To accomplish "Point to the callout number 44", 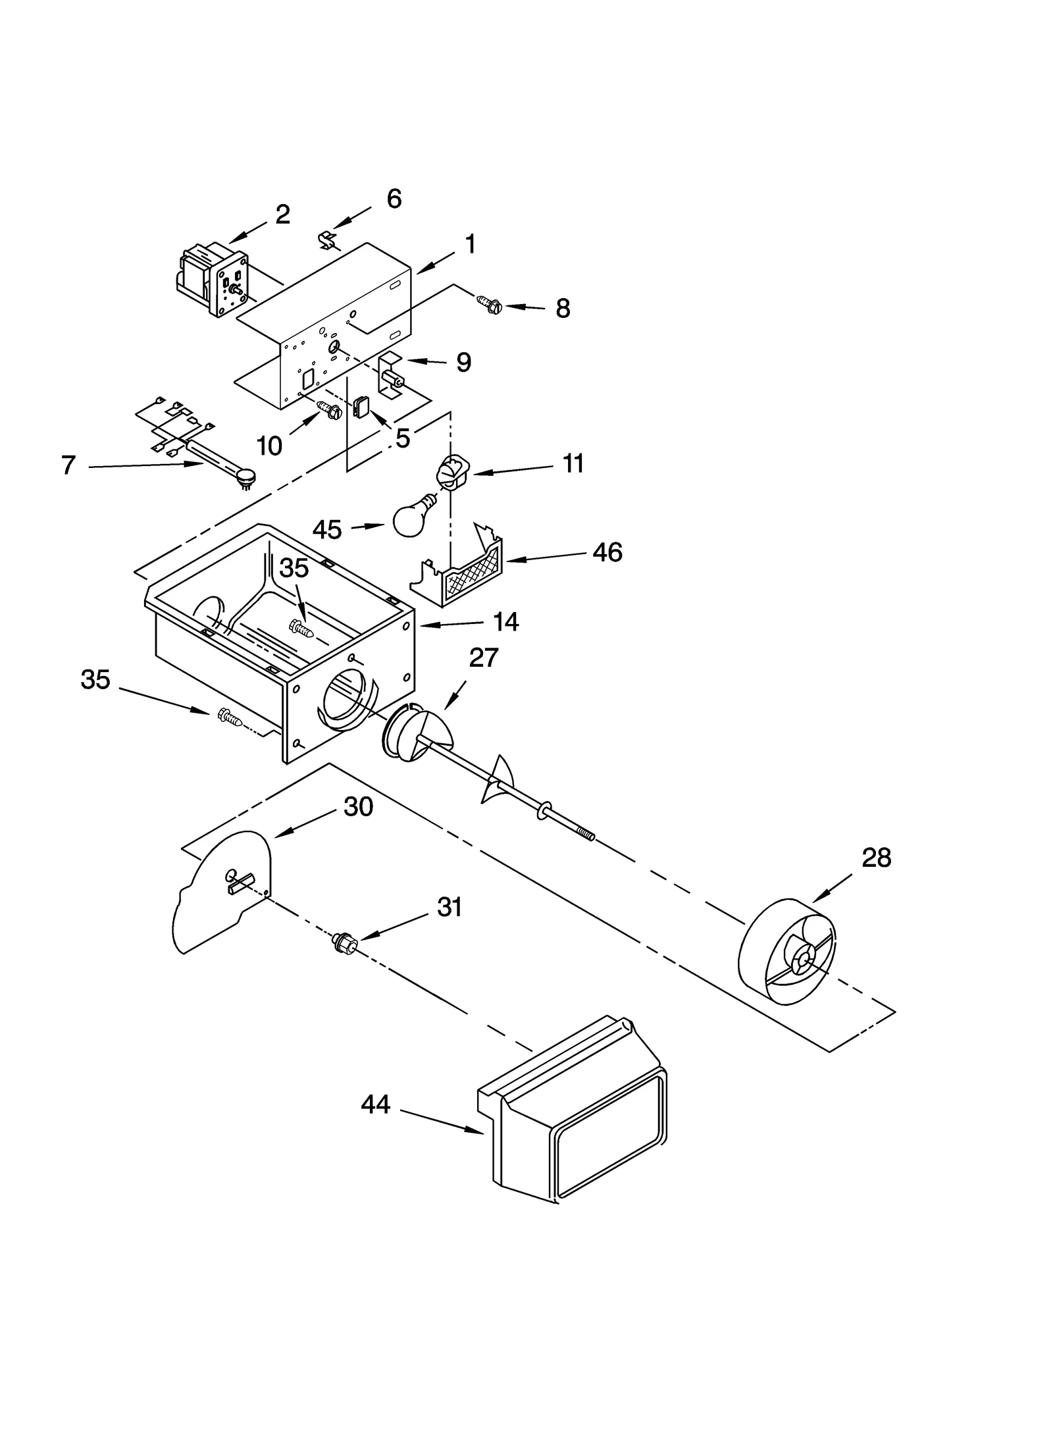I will point(375,1104).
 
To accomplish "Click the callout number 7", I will point(68,465).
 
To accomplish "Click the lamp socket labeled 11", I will point(449,473).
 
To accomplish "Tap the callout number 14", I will point(505,621).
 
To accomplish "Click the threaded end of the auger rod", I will point(585,835).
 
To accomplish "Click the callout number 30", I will point(358,806).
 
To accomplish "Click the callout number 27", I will point(484,658).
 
